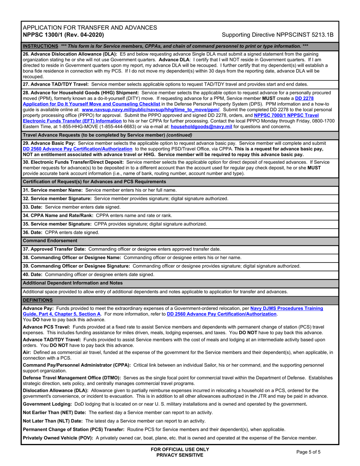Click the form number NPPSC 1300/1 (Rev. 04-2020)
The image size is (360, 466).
(x=63, y=34)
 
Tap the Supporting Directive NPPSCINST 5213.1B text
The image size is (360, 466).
(x=277, y=34)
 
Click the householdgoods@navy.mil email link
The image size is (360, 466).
(x=201, y=127)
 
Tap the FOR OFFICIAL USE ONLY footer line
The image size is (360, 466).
(x=180, y=449)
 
